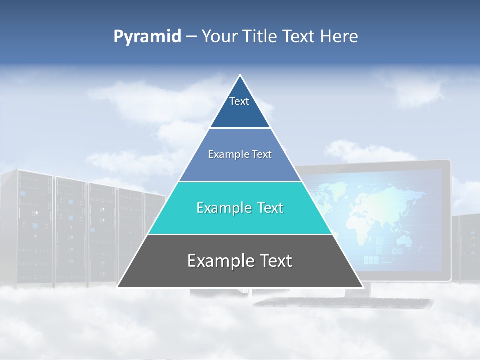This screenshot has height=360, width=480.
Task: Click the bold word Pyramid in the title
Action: [147, 37]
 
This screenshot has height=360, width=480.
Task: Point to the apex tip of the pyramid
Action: [240, 75]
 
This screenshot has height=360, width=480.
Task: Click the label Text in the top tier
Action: [239, 101]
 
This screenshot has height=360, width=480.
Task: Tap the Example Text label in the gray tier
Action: [240, 261]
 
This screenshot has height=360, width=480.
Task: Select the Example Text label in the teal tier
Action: [240, 208]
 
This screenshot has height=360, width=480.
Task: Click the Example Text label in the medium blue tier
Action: [240, 154]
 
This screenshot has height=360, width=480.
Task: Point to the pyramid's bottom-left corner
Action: [118, 287]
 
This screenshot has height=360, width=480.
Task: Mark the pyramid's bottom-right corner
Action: [363, 287]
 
